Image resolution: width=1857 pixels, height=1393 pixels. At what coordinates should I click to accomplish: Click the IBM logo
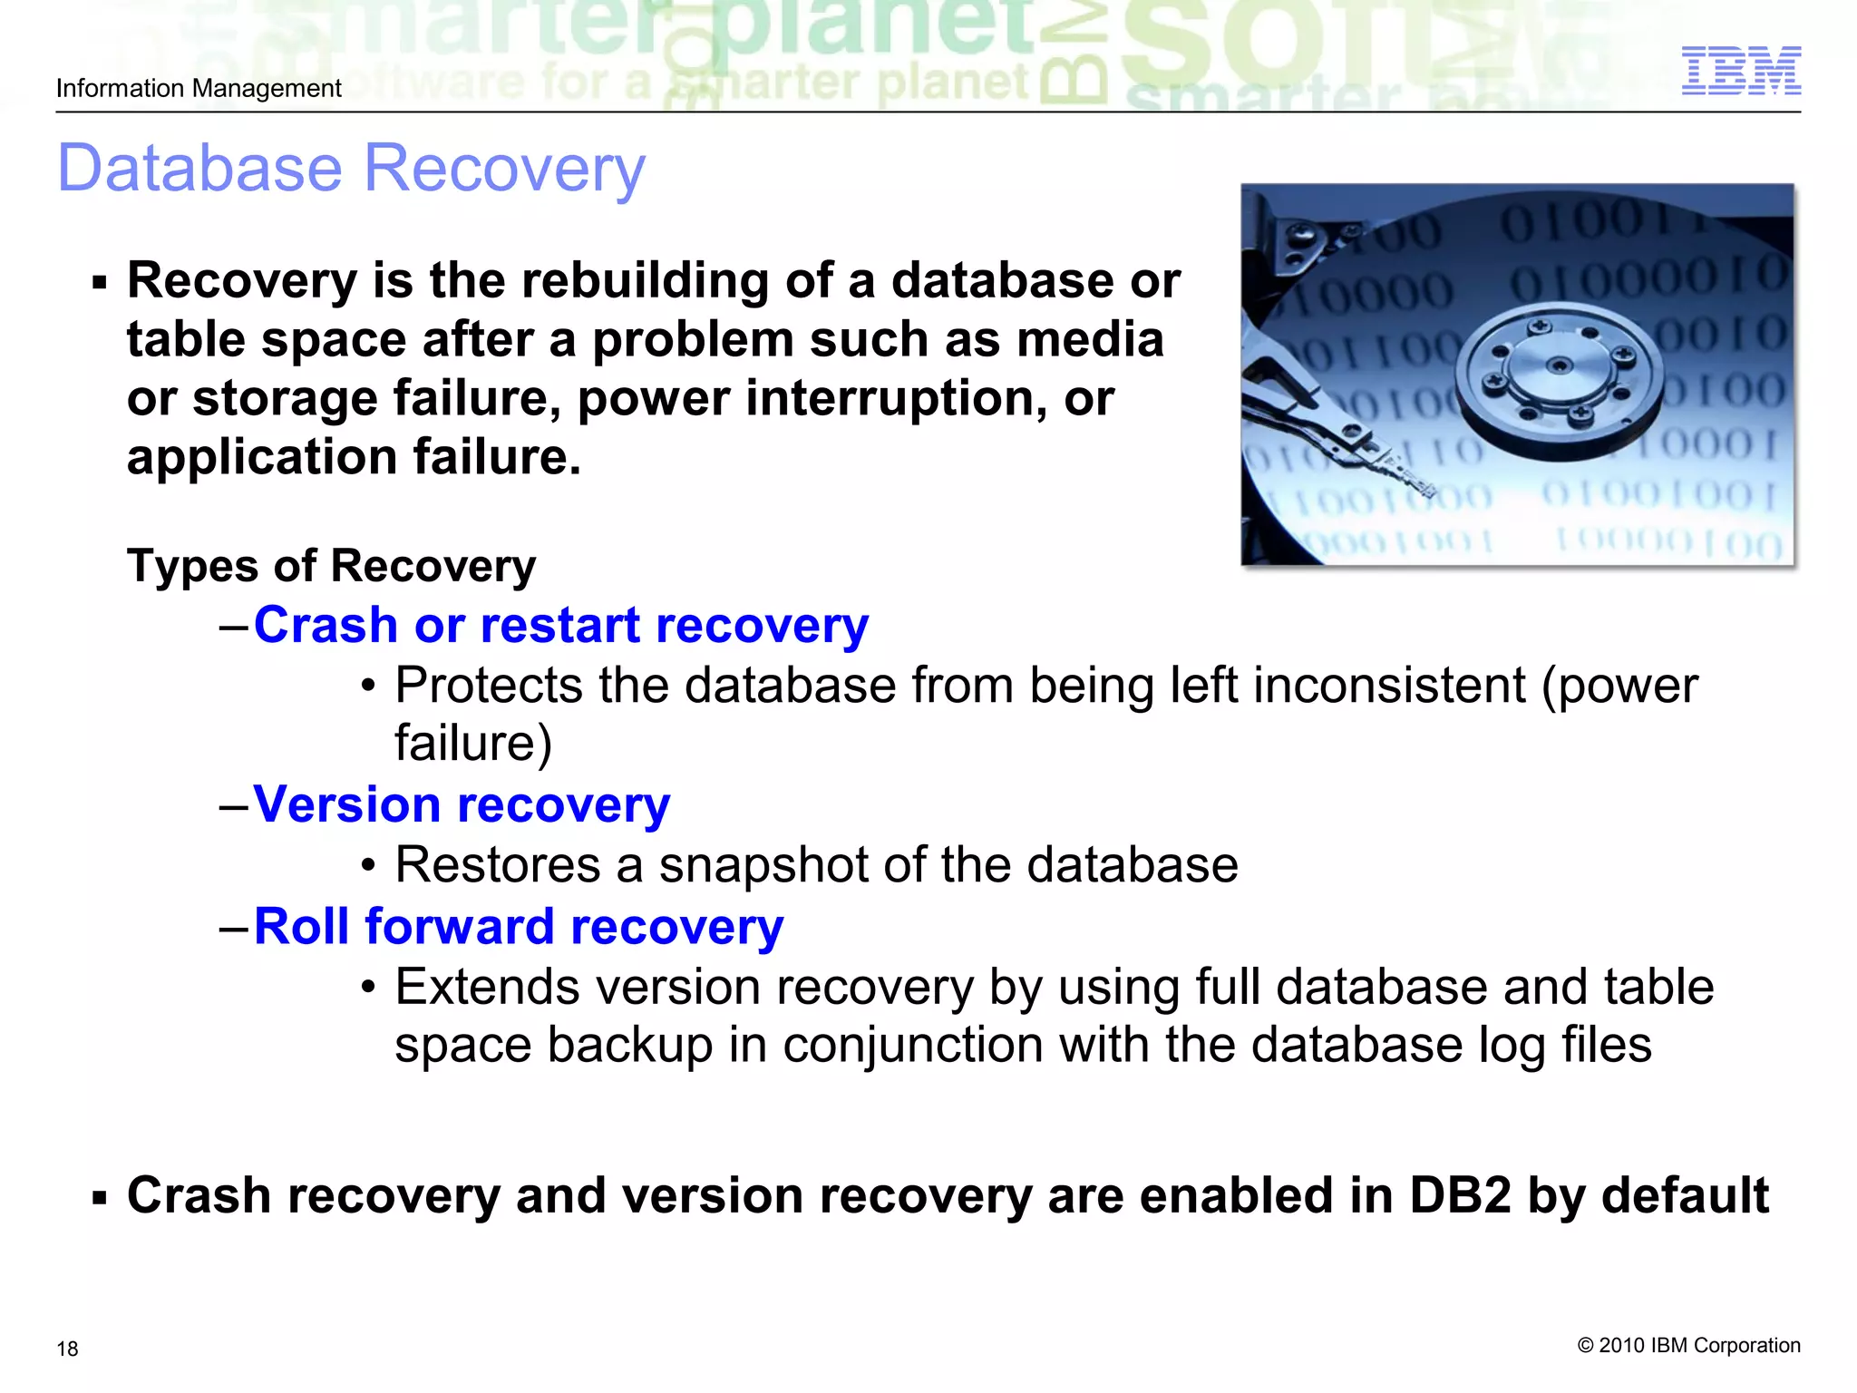pos(1740,71)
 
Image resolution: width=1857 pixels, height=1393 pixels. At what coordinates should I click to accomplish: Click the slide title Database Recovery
pos(351,169)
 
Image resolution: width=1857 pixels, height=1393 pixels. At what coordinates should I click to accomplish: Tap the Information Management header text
pos(199,89)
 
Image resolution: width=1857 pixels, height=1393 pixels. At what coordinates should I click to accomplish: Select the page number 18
pos(67,1349)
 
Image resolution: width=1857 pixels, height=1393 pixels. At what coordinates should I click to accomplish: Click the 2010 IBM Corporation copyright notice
pos(1688,1345)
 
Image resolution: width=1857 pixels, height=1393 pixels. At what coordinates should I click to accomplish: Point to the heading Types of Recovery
pos(331,566)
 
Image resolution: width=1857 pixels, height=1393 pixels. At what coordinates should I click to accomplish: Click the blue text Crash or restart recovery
pos(560,625)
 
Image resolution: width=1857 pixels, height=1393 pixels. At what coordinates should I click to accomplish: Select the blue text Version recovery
pos(462,804)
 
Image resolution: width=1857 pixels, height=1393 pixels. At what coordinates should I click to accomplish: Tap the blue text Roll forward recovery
pos(519,926)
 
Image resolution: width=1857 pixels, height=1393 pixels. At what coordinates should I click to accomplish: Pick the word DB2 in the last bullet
pos(1460,1195)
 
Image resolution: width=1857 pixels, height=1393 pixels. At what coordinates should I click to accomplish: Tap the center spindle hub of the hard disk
pos(1559,367)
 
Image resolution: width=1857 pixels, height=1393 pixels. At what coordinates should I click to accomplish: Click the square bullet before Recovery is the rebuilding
pos(100,283)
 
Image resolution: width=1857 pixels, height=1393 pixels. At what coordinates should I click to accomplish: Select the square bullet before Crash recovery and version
pos(100,1198)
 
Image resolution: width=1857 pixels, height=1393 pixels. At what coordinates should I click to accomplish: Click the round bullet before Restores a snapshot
pos(367,866)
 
